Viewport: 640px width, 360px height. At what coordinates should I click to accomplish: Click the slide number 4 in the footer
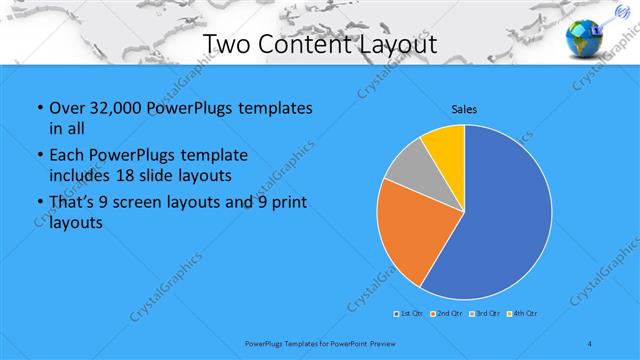point(590,343)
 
